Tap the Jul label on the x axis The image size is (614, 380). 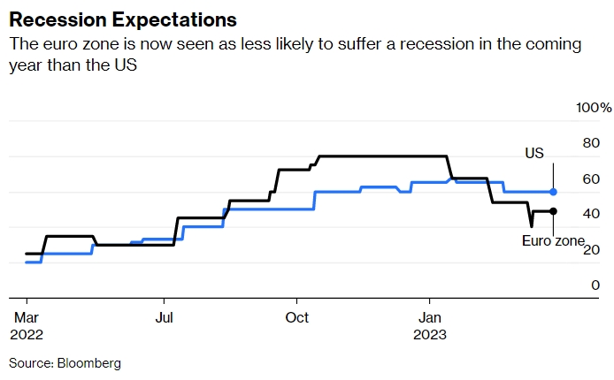click(165, 316)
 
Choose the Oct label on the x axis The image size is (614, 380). click(297, 316)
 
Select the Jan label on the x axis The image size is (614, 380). click(430, 316)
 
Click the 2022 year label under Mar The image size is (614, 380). click(25, 335)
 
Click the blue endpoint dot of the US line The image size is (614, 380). click(553, 191)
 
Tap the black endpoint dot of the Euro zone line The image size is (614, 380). click(553, 210)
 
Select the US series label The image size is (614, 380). click(534, 154)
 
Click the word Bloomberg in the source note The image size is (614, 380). click(90, 363)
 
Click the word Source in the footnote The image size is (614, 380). click(30, 363)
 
